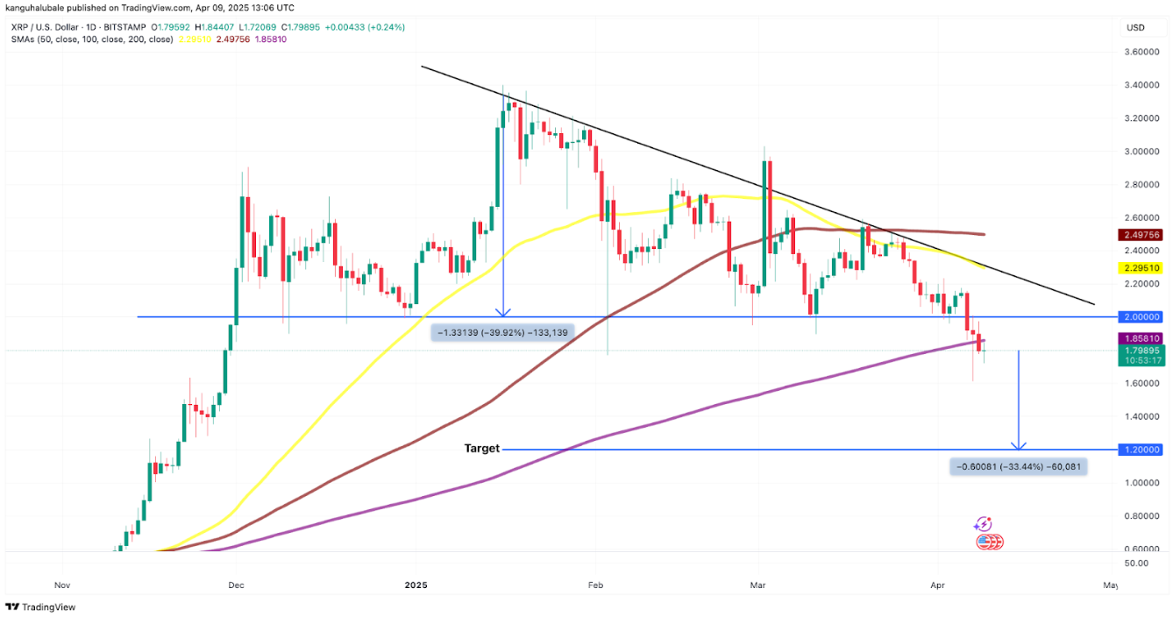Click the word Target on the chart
pos(481,449)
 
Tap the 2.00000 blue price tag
pos(1141,316)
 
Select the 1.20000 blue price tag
pos(1141,450)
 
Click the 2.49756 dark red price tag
pos(1141,235)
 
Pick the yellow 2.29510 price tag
pos(1141,267)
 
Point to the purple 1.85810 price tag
pos(1141,338)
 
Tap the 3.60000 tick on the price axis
pos(1141,53)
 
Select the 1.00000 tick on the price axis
pos(1141,483)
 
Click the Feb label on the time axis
pos(596,584)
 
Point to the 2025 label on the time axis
pos(416,584)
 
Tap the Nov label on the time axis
pos(61,584)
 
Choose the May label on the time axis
pos(1110,584)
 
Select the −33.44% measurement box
pos(1018,467)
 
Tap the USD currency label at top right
pos(1135,27)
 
